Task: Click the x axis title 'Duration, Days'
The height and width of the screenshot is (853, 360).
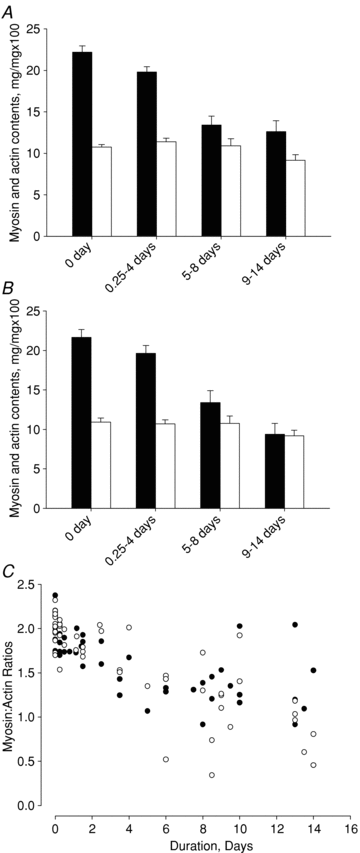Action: click(202, 840)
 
